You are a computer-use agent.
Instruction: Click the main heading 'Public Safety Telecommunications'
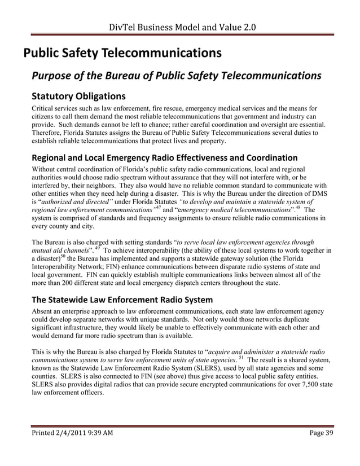click(x=121, y=54)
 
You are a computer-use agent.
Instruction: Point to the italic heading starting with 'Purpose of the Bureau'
click(x=177, y=76)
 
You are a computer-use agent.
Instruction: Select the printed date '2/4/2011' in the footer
click(x=72, y=448)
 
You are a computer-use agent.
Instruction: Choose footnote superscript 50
click(x=62, y=255)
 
